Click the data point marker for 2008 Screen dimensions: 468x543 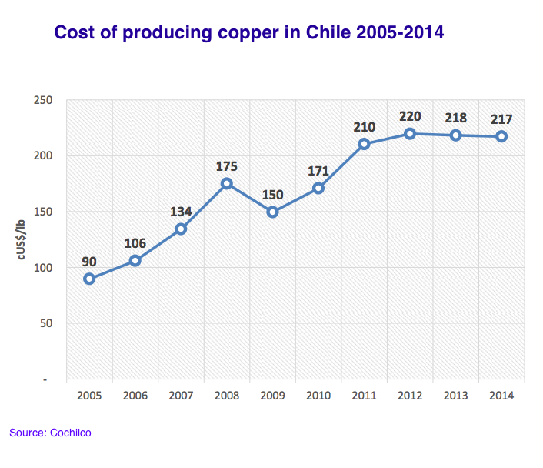[227, 184]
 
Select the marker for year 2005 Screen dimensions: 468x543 [89, 279]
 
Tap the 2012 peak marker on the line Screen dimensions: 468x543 [410, 134]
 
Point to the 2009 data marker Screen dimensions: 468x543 [272, 212]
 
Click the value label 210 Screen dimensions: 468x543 [364, 125]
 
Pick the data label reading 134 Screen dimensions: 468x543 [181, 211]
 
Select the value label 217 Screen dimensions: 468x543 [501, 119]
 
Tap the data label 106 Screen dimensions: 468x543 [135, 243]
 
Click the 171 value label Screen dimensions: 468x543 [318, 170]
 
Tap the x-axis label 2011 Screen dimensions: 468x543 [364, 396]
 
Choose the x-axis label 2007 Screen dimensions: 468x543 [181, 396]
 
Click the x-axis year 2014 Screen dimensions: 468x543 [501, 396]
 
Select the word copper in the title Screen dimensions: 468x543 [228, 34]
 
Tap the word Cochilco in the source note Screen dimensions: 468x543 [71, 433]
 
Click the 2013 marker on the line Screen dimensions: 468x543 [455, 135]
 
